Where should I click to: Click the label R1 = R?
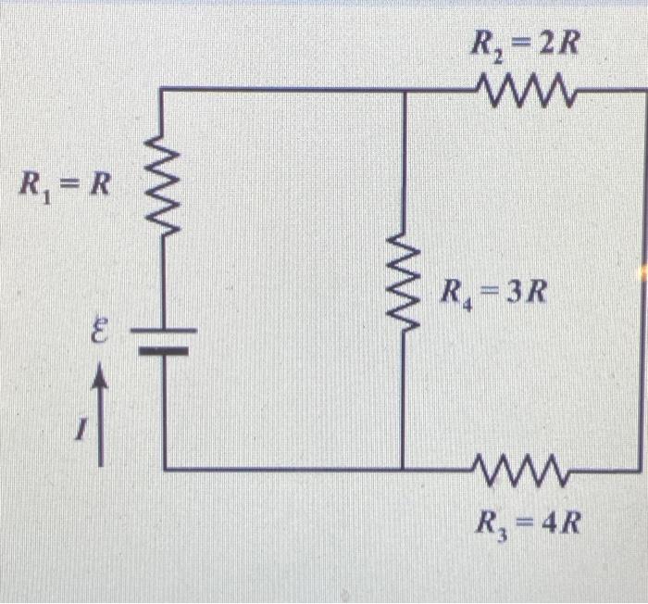coord(65,184)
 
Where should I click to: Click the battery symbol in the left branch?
coord(164,340)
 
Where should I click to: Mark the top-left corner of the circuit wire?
coord(164,90)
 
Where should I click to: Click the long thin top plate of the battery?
coord(164,331)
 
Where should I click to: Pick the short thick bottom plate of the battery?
coord(164,350)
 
